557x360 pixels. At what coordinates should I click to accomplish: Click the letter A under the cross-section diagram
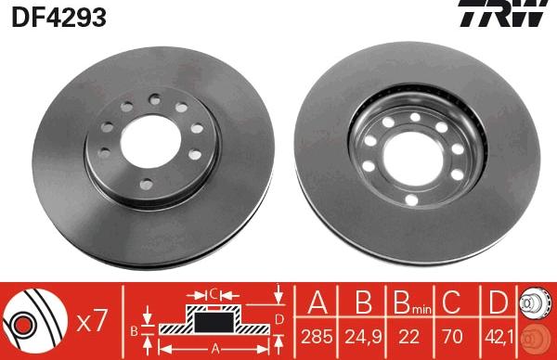(x=214, y=350)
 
